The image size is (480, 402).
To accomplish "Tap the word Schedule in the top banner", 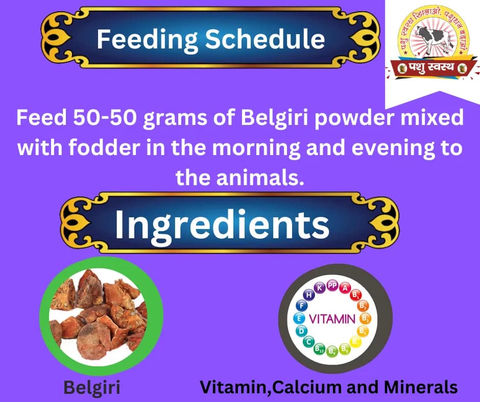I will pos(266,39).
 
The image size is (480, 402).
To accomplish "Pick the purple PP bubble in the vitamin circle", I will pos(332,286).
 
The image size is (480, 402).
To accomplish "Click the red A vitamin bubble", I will pos(346,289).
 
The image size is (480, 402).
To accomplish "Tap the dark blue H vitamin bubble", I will pos(308,295).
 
